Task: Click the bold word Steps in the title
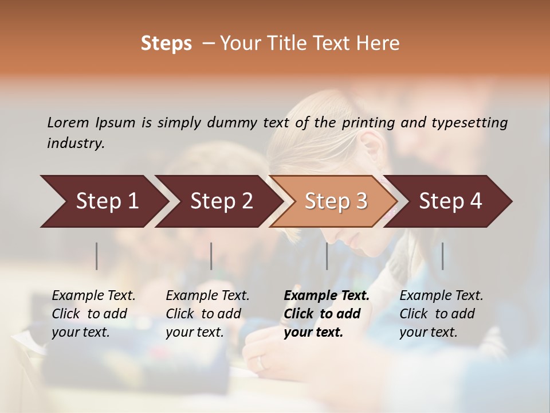tap(166, 44)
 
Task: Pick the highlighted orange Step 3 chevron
tap(336, 201)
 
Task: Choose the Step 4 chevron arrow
tap(450, 201)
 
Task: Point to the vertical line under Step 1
tap(97, 256)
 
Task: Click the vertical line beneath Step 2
tap(211, 256)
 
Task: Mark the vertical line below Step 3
tap(327, 256)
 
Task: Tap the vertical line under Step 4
tap(442, 256)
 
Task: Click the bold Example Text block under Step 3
tap(327, 314)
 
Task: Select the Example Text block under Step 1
tap(93, 314)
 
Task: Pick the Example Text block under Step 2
tap(207, 314)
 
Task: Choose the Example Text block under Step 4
tap(441, 314)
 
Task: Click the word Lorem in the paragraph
tap(68, 122)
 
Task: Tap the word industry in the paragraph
tap(76, 143)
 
